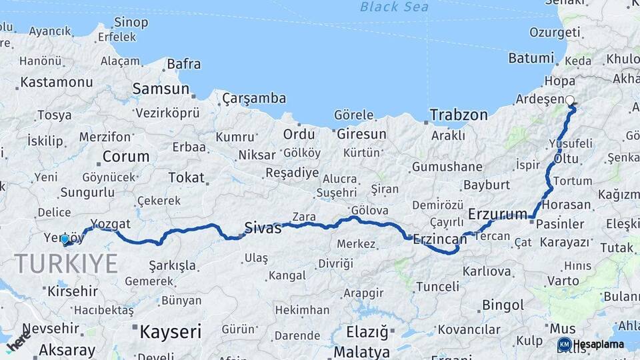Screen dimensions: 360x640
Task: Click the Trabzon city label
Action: (459, 115)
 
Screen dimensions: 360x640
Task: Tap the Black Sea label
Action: (394, 7)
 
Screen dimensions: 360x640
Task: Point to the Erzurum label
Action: (498, 214)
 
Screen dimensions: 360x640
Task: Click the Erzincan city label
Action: (439, 238)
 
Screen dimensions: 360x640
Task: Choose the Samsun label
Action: (161, 89)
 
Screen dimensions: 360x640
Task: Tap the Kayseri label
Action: (170, 330)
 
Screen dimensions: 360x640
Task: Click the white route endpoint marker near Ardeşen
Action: (570, 101)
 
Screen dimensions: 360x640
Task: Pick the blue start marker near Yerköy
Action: (65, 239)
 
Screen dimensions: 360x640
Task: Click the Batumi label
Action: (531, 58)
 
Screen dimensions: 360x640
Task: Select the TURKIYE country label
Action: (66, 264)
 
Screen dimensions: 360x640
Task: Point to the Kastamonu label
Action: (57, 83)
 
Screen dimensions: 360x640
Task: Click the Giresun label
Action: (361, 134)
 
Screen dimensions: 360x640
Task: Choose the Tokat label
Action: (186, 177)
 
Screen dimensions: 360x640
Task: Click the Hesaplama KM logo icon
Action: (564, 345)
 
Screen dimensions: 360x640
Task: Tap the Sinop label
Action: (131, 23)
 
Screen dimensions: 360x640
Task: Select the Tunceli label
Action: (437, 287)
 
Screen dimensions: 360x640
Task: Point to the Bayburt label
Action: (487, 185)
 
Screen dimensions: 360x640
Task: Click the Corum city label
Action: (126, 157)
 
